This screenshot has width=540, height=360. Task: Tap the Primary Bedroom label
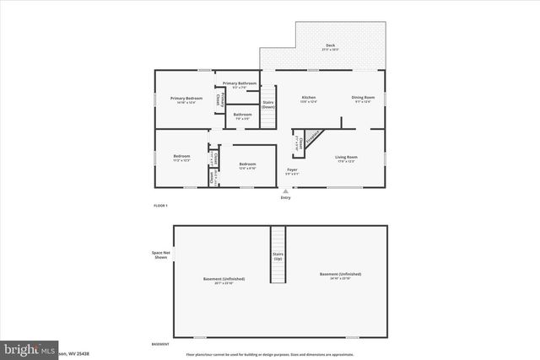(x=188, y=99)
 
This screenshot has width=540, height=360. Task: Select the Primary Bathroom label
(x=240, y=84)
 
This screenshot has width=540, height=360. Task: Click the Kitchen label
(x=309, y=99)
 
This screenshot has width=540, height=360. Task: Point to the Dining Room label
(x=364, y=99)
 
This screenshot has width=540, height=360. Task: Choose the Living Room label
(x=347, y=158)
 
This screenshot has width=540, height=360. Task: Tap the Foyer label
(x=292, y=171)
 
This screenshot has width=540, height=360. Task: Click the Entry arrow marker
(x=285, y=192)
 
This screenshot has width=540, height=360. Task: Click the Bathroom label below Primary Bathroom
(x=243, y=116)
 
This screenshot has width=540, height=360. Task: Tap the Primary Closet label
(x=219, y=99)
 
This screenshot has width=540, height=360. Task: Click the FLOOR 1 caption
(x=160, y=206)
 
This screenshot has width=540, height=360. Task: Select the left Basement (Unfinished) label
(x=224, y=280)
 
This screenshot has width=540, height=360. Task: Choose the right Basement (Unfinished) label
(x=341, y=275)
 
